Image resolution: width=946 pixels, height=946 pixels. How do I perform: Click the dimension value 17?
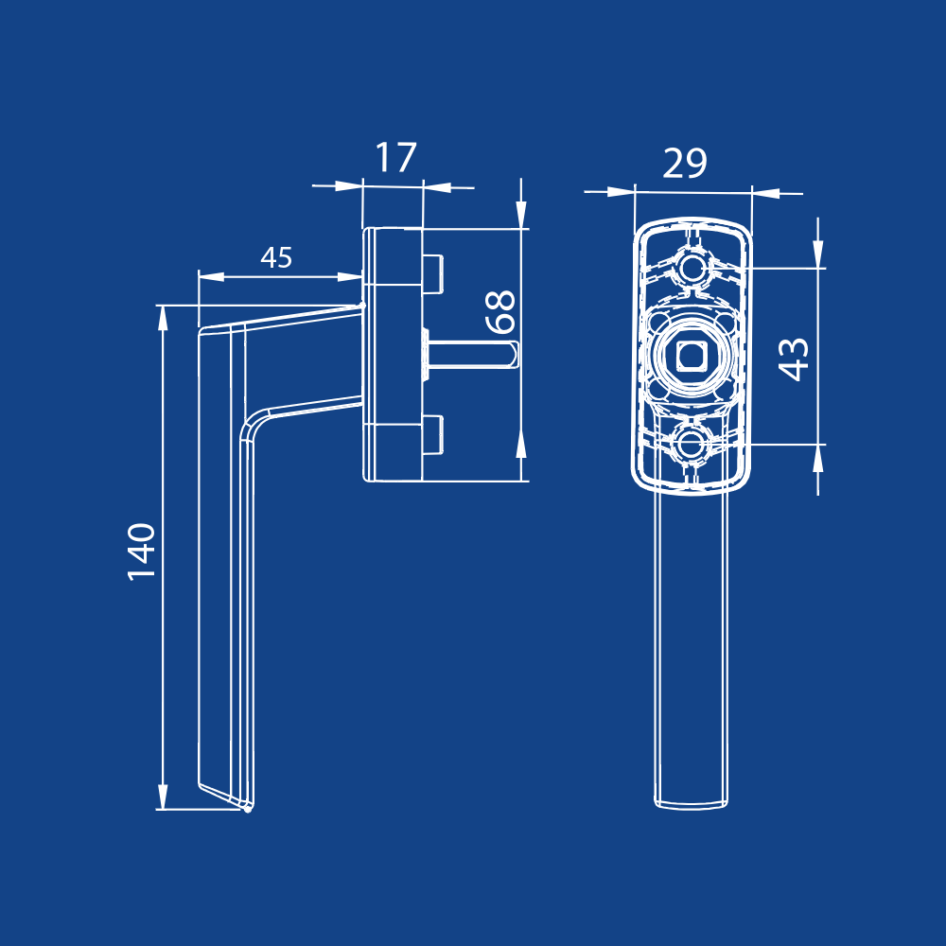395,158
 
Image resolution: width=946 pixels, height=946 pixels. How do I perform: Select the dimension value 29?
685,163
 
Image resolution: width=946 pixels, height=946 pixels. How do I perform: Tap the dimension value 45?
276,257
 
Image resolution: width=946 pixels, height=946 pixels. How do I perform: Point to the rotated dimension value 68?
501,311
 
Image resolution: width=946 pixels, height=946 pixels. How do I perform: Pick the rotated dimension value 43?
794,359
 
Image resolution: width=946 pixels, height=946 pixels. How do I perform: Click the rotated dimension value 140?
142,552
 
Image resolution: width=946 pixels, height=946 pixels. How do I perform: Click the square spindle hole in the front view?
691,356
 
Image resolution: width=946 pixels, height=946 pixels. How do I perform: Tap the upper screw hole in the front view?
691,268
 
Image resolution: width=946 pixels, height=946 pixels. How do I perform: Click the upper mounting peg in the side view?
433,274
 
